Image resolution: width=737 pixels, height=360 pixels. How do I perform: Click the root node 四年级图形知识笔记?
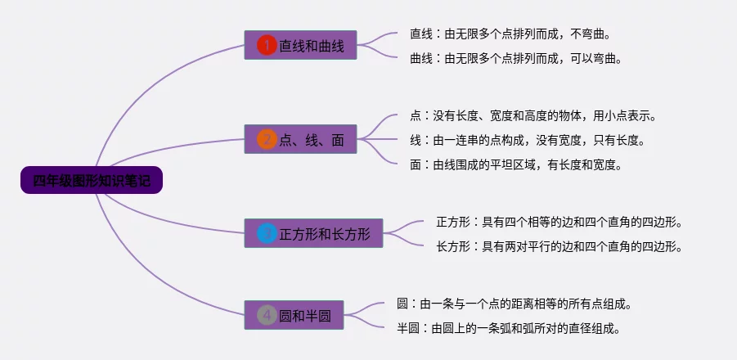pos(92,180)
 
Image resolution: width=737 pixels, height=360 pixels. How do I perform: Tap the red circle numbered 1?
pos(267,46)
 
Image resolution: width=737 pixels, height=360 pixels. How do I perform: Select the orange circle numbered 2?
pos(267,140)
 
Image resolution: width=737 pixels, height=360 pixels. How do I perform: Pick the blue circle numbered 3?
pos(267,233)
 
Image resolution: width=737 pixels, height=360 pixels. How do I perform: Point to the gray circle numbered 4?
pos(267,315)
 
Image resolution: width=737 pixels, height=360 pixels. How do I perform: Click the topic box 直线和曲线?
pos(300,45)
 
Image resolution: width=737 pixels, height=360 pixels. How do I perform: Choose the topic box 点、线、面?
pos(300,139)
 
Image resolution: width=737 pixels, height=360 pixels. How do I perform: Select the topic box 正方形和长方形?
pos(313,233)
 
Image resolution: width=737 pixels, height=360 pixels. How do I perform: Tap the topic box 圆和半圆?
pos(294,315)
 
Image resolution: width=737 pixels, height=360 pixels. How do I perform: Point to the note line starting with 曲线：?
pos(515,58)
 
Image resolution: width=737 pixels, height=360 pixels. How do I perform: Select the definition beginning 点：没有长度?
pos(533,115)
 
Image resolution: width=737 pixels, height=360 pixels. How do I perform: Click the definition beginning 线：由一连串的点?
pos(527,140)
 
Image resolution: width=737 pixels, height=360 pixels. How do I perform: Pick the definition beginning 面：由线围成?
pos(515,164)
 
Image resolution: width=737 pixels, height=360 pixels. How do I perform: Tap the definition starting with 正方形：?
pos(559,222)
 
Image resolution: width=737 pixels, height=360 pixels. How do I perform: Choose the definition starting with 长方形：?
pos(559,245)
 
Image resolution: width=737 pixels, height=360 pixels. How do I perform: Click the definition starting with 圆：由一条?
pos(514,304)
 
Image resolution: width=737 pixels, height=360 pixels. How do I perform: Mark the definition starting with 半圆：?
pos(508,328)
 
